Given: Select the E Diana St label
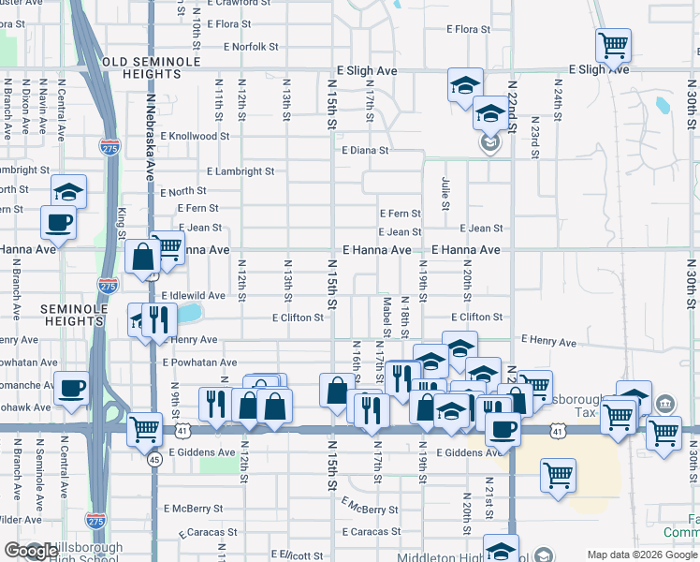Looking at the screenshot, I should (x=365, y=150).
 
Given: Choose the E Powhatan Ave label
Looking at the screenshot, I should (x=199, y=362).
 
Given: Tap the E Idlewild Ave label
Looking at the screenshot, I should (x=193, y=295).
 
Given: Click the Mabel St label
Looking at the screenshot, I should (x=386, y=316).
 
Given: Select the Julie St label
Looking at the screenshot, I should (x=445, y=195).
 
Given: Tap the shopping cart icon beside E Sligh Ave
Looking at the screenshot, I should (x=613, y=43).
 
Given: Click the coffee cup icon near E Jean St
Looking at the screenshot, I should (x=59, y=222).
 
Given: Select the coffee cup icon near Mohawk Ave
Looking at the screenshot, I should (x=71, y=388).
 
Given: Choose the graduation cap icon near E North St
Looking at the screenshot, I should (x=68, y=191).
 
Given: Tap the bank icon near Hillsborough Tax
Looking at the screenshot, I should (x=665, y=405).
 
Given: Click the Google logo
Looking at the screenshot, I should (x=32, y=552).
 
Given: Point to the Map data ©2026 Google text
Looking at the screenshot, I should (x=642, y=555).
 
